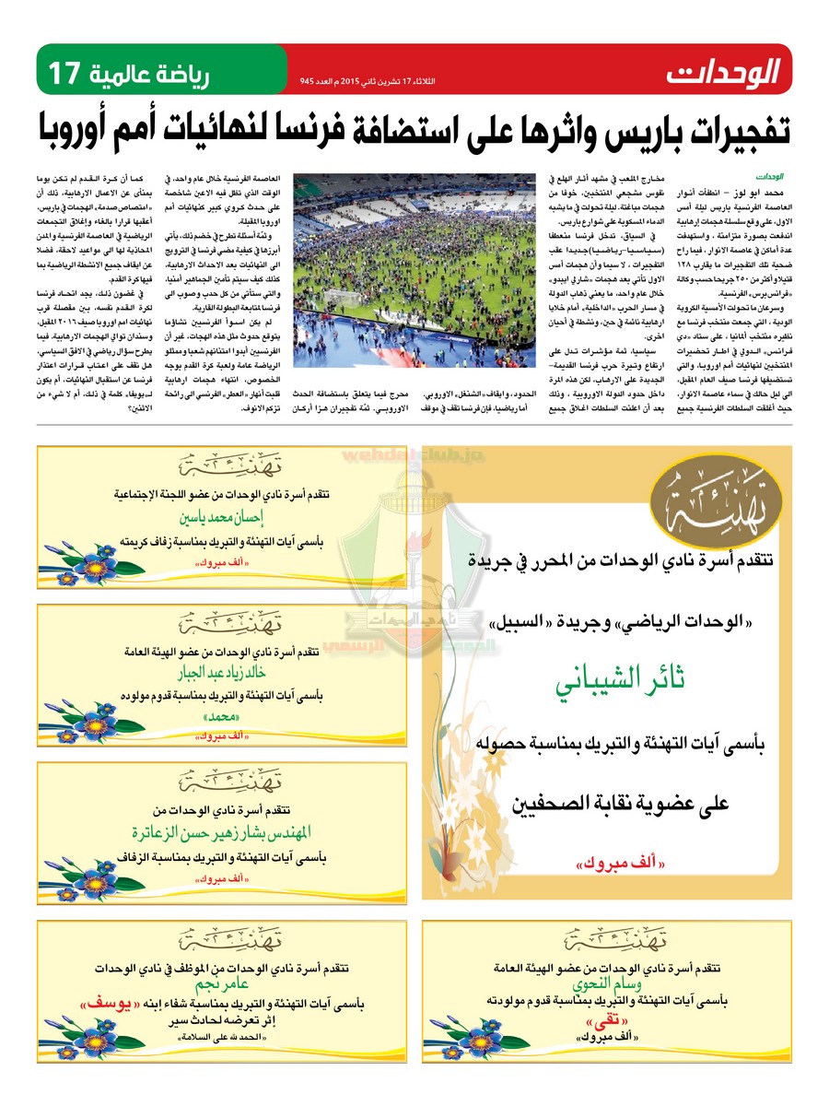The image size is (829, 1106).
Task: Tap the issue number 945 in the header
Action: (309, 81)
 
